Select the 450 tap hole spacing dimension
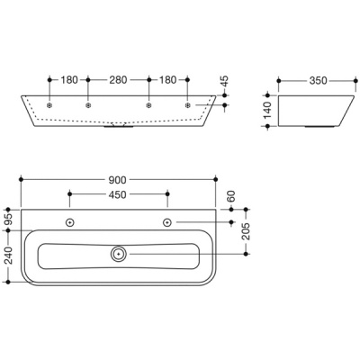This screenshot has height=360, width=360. tap(119, 193)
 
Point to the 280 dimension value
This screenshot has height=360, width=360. tap(118, 80)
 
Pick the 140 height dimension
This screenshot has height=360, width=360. tap(268, 112)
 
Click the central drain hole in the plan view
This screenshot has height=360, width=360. tap(119, 255)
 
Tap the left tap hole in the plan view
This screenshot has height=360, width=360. tap(70, 222)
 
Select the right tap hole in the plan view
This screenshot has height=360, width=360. tap(167, 222)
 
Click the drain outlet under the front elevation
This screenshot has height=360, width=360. tap(118, 127)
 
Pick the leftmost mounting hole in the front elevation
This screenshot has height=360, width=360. tap(49, 106)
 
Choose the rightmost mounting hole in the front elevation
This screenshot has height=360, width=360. tap(187, 106)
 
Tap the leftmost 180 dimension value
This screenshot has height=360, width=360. tap(69, 80)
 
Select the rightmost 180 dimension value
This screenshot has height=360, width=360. tap(167, 80)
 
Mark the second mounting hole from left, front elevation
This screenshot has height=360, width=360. tap(88, 106)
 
